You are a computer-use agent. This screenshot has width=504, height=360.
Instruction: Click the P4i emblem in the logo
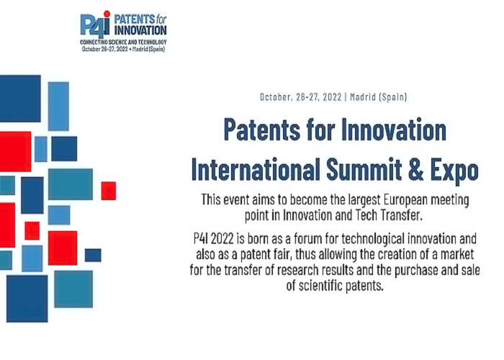(95, 25)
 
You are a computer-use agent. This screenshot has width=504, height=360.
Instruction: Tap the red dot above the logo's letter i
(107, 14)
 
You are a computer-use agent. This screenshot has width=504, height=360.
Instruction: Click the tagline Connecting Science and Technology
(123, 42)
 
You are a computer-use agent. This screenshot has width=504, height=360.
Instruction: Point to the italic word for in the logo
(161, 19)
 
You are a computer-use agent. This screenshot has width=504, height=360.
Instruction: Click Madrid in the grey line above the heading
(363, 96)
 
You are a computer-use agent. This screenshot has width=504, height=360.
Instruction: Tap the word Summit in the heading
(364, 169)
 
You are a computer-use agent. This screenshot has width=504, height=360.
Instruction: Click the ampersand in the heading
(416, 169)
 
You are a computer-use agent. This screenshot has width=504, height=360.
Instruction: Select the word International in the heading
(256, 169)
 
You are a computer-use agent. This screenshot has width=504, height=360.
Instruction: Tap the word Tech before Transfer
(366, 215)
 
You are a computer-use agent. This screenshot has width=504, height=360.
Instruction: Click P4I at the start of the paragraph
(201, 239)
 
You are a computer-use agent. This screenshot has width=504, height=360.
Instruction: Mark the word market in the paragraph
(457, 254)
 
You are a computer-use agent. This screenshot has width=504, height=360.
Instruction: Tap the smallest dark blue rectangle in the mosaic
(93, 255)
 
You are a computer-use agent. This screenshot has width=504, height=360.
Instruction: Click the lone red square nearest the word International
(109, 191)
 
